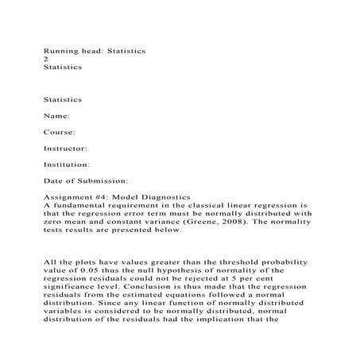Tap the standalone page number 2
click(x=45, y=60)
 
